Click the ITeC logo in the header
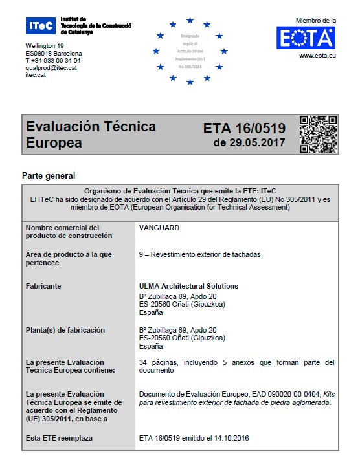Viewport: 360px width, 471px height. (41, 27)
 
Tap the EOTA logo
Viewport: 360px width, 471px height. (306, 38)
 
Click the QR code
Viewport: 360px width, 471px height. (318, 134)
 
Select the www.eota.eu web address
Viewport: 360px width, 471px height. (316, 56)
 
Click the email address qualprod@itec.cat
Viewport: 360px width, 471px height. (51, 68)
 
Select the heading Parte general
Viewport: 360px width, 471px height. (49, 175)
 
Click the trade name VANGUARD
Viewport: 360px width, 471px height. (159, 228)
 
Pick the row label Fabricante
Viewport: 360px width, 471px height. (43, 286)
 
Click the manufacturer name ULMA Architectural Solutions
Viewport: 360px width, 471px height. (188, 286)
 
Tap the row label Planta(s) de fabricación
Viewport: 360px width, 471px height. (65, 330)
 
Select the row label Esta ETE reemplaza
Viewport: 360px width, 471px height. (59, 438)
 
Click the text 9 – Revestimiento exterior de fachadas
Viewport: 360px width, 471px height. (199, 254)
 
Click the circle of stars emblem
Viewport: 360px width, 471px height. (190, 51)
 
